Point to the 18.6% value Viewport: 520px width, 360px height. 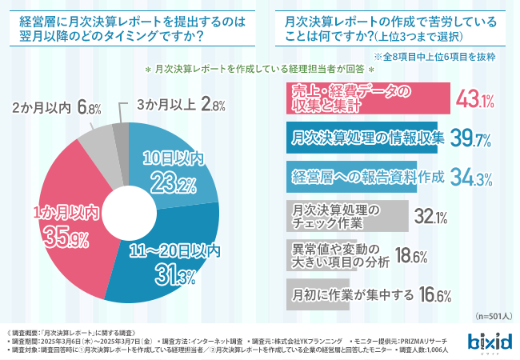tap(410, 256)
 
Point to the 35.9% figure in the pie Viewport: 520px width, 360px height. tap(66, 237)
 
